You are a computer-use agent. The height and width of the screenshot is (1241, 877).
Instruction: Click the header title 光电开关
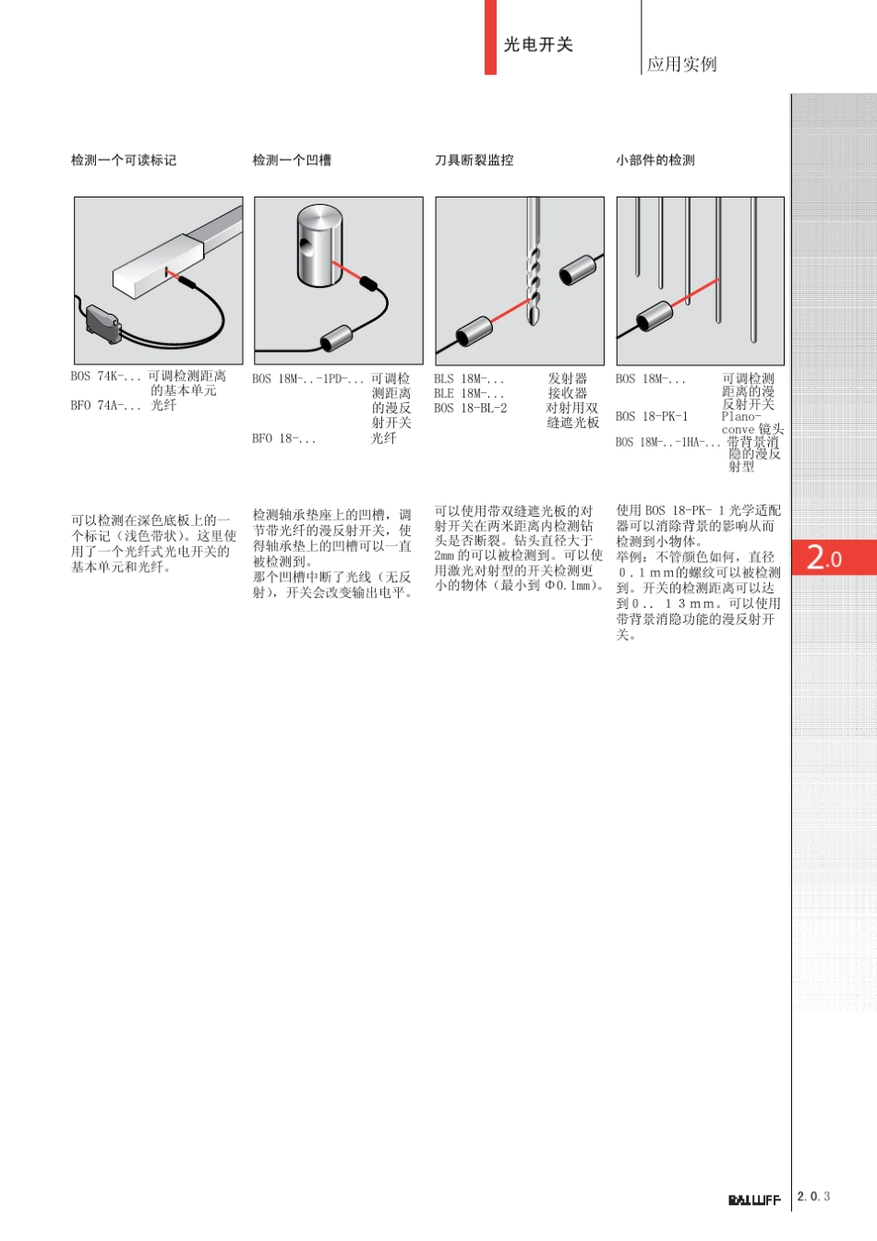click(x=538, y=44)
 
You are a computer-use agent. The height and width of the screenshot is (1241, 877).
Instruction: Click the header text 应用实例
click(x=681, y=64)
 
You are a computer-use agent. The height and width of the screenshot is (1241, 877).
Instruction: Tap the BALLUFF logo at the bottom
click(x=753, y=1200)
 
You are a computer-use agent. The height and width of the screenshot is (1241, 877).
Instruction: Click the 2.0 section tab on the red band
click(x=823, y=557)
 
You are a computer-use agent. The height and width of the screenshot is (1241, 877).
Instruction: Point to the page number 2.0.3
click(x=813, y=1197)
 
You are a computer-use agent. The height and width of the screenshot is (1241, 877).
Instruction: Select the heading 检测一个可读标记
click(x=124, y=161)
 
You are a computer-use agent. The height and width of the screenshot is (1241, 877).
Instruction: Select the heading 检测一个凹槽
click(x=292, y=161)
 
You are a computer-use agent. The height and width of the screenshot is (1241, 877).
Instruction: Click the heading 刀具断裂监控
click(x=474, y=161)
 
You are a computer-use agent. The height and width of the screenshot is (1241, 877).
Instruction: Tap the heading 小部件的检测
click(x=655, y=161)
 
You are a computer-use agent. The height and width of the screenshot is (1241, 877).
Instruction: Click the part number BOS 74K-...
click(x=105, y=376)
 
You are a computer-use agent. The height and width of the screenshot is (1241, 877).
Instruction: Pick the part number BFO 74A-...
click(x=105, y=405)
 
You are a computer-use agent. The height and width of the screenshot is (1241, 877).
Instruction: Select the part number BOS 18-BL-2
click(x=470, y=408)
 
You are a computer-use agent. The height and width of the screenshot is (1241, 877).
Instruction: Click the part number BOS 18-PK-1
click(x=651, y=416)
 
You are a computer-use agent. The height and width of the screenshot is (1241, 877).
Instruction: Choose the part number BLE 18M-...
click(x=469, y=393)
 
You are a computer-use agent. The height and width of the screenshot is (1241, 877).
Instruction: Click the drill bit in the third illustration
click(x=533, y=268)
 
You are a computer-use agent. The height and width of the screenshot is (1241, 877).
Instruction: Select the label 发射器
click(x=568, y=378)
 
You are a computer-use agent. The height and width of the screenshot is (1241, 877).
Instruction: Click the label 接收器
click(x=568, y=393)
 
